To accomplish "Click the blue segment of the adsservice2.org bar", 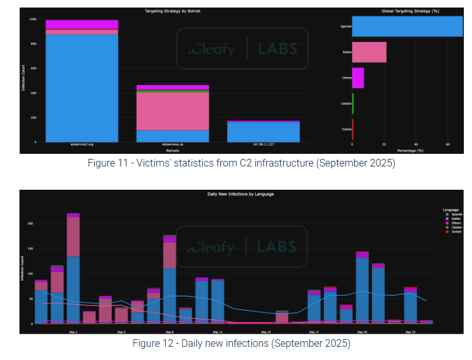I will pos(82,88).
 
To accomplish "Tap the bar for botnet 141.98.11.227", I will pos(263,131).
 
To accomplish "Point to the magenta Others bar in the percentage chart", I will pos(358,78).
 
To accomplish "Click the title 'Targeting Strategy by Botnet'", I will pos(172,11).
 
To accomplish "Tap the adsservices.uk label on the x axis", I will pos(173,145).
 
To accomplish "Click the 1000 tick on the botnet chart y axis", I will pos(31,19).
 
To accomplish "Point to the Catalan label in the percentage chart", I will pos(346,103).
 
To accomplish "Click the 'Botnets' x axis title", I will pos(172,151).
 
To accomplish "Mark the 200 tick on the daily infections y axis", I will pos(29,223).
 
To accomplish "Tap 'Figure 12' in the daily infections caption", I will pos(151,344).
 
